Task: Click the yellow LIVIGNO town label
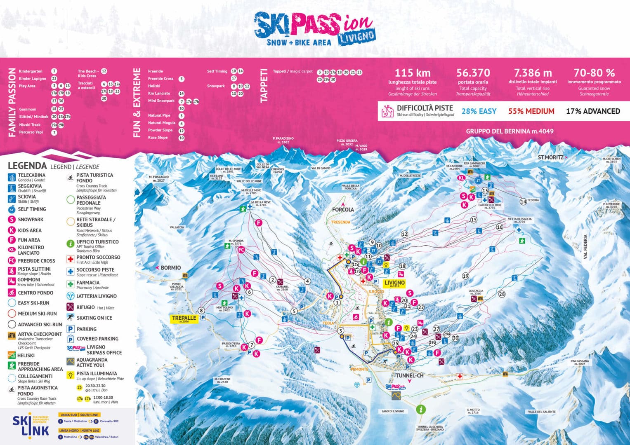(x=394, y=283)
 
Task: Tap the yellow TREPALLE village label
(x=184, y=319)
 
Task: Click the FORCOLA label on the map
(x=343, y=209)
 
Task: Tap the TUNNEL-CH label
(x=409, y=376)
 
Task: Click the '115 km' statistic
(x=412, y=73)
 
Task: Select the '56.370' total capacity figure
(x=473, y=73)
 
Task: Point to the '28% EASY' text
(x=479, y=111)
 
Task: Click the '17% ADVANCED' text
(x=592, y=111)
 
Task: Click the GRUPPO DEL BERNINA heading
(x=510, y=131)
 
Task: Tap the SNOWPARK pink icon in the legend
(x=12, y=220)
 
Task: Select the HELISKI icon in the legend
(x=12, y=355)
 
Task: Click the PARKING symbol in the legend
(x=70, y=329)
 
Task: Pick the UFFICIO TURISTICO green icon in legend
(x=70, y=244)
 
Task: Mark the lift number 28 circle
(x=502, y=294)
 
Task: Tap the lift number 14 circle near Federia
(x=523, y=201)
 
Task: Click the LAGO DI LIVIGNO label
(x=393, y=411)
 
